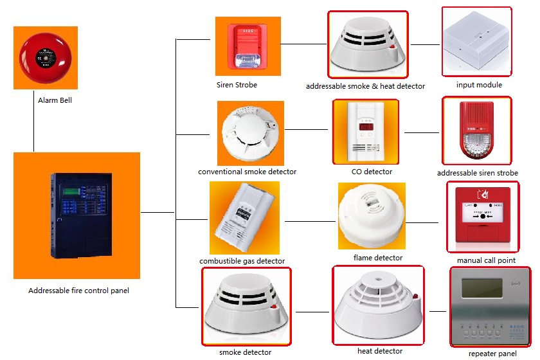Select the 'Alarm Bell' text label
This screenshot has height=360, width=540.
[55, 100]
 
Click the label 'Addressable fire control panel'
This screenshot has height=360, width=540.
[78, 291]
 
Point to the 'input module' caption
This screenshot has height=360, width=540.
[479, 85]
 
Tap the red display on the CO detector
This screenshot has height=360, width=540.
[366, 126]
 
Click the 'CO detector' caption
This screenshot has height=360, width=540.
[372, 172]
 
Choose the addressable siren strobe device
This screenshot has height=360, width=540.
[477, 132]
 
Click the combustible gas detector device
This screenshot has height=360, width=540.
[243, 219]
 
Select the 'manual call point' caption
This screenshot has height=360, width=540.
[485, 260]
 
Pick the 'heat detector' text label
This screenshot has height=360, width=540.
[380, 351]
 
